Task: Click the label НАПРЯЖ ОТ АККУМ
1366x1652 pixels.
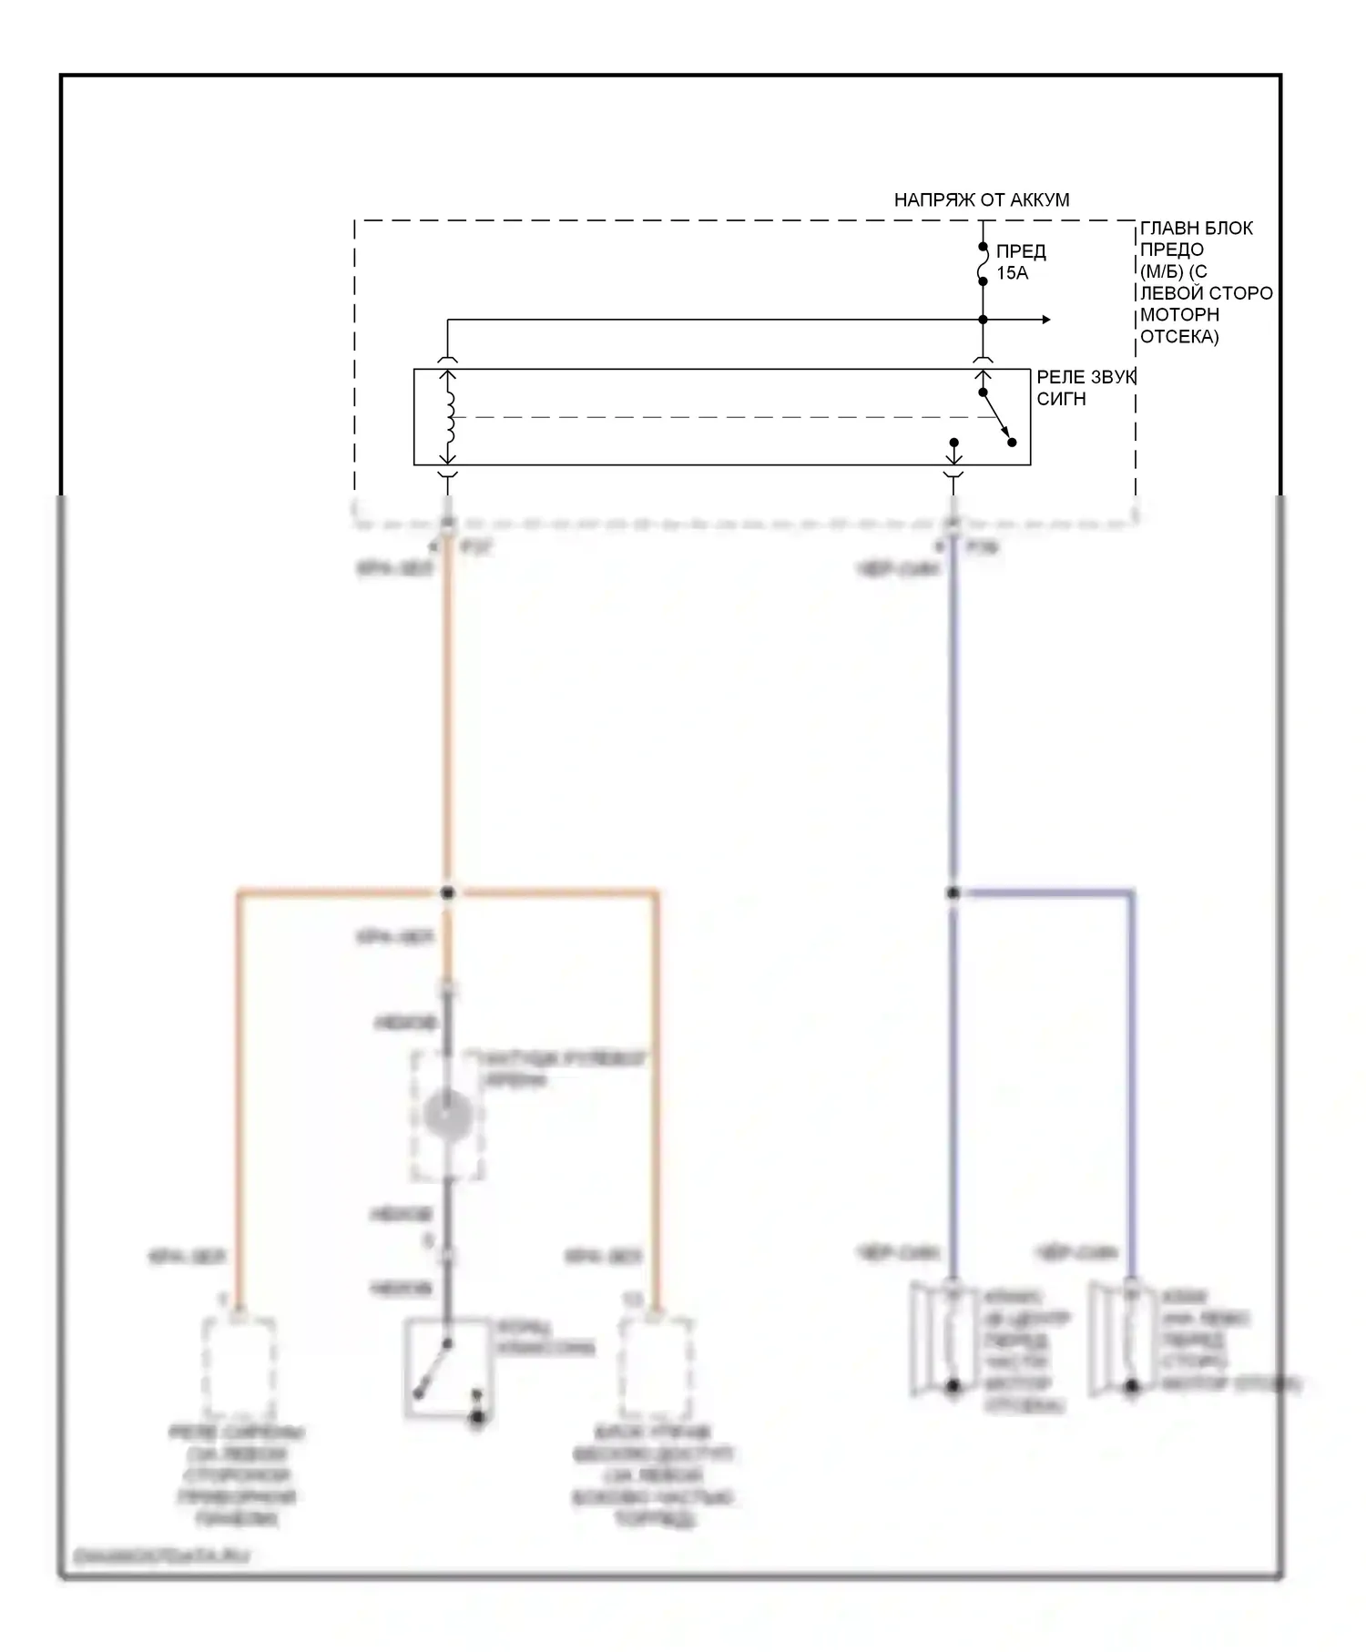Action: click(981, 199)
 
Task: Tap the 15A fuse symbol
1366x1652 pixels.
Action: click(983, 264)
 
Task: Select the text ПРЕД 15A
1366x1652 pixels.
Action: click(1020, 262)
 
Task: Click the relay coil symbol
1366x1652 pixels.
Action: click(447, 417)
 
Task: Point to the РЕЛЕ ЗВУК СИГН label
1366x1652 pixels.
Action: click(1085, 388)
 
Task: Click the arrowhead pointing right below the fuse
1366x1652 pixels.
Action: click(1046, 320)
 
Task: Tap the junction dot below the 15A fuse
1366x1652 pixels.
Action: click(983, 320)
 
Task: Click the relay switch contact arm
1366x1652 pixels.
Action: click(997, 418)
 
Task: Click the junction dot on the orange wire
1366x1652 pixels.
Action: click(447, 893)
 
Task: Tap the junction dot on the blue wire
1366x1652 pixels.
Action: click(953, 893)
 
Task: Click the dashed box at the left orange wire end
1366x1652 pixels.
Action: click(238, 1366)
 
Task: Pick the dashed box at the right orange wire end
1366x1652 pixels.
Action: click(655, 1366)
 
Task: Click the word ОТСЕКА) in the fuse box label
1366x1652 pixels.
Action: click(1179, 337)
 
